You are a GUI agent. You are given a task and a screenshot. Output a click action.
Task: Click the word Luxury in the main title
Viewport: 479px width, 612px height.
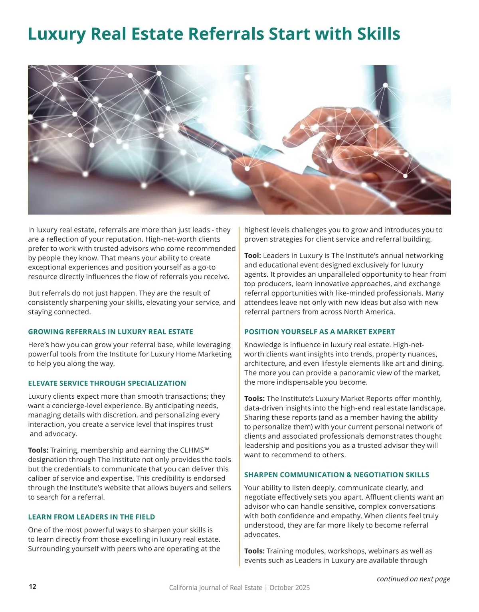click(56, 34)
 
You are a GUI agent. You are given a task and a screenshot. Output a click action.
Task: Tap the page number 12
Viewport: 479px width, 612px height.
click(32, 586)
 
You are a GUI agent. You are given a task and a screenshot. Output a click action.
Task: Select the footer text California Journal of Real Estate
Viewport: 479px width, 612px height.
click(216, 588)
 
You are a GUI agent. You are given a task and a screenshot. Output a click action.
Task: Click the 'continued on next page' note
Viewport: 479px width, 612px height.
click(413, 579)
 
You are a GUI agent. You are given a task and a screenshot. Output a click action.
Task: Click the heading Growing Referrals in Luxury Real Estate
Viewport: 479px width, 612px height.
click(111, 332)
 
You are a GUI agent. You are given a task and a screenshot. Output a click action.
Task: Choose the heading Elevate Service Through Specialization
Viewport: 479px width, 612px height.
click(107, 384)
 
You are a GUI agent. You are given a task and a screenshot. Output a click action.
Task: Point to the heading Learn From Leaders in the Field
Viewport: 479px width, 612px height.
click(91, 517)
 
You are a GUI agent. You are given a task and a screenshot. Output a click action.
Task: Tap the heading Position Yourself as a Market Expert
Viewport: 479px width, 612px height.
click(319, 332)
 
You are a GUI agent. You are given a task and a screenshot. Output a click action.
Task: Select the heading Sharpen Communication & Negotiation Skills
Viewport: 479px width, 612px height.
click(336, 475)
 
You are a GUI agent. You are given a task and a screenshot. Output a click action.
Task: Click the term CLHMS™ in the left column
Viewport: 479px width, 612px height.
click(194, 450)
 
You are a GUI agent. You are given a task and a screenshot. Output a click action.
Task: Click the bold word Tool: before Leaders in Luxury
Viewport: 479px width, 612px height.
click(253, 256)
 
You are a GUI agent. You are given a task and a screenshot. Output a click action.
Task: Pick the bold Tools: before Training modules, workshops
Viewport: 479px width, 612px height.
click(254, 551)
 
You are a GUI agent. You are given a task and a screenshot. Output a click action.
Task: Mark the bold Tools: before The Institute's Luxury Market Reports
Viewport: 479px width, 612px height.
click(254, 399)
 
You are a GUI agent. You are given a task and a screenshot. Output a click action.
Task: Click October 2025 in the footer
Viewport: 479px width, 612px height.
click(289, 588)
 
